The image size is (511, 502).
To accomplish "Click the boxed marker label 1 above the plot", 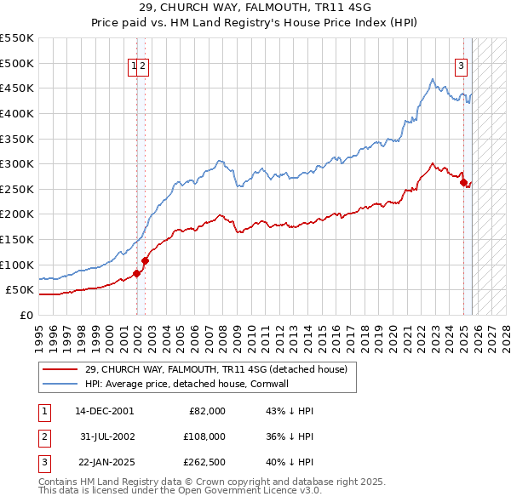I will tap(134, 67).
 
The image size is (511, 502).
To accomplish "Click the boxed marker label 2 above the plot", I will tap(143, 67).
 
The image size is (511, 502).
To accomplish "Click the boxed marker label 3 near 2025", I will tap(461, 67).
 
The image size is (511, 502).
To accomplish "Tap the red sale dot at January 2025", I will tap(463, 182).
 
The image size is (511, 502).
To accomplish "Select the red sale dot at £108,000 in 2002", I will tap(145, 260).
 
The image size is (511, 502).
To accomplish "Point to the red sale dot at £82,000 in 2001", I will tap(136, 273).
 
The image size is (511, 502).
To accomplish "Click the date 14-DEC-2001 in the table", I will tap(104, 411).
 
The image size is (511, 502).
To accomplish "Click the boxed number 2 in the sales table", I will tap(43, 438).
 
